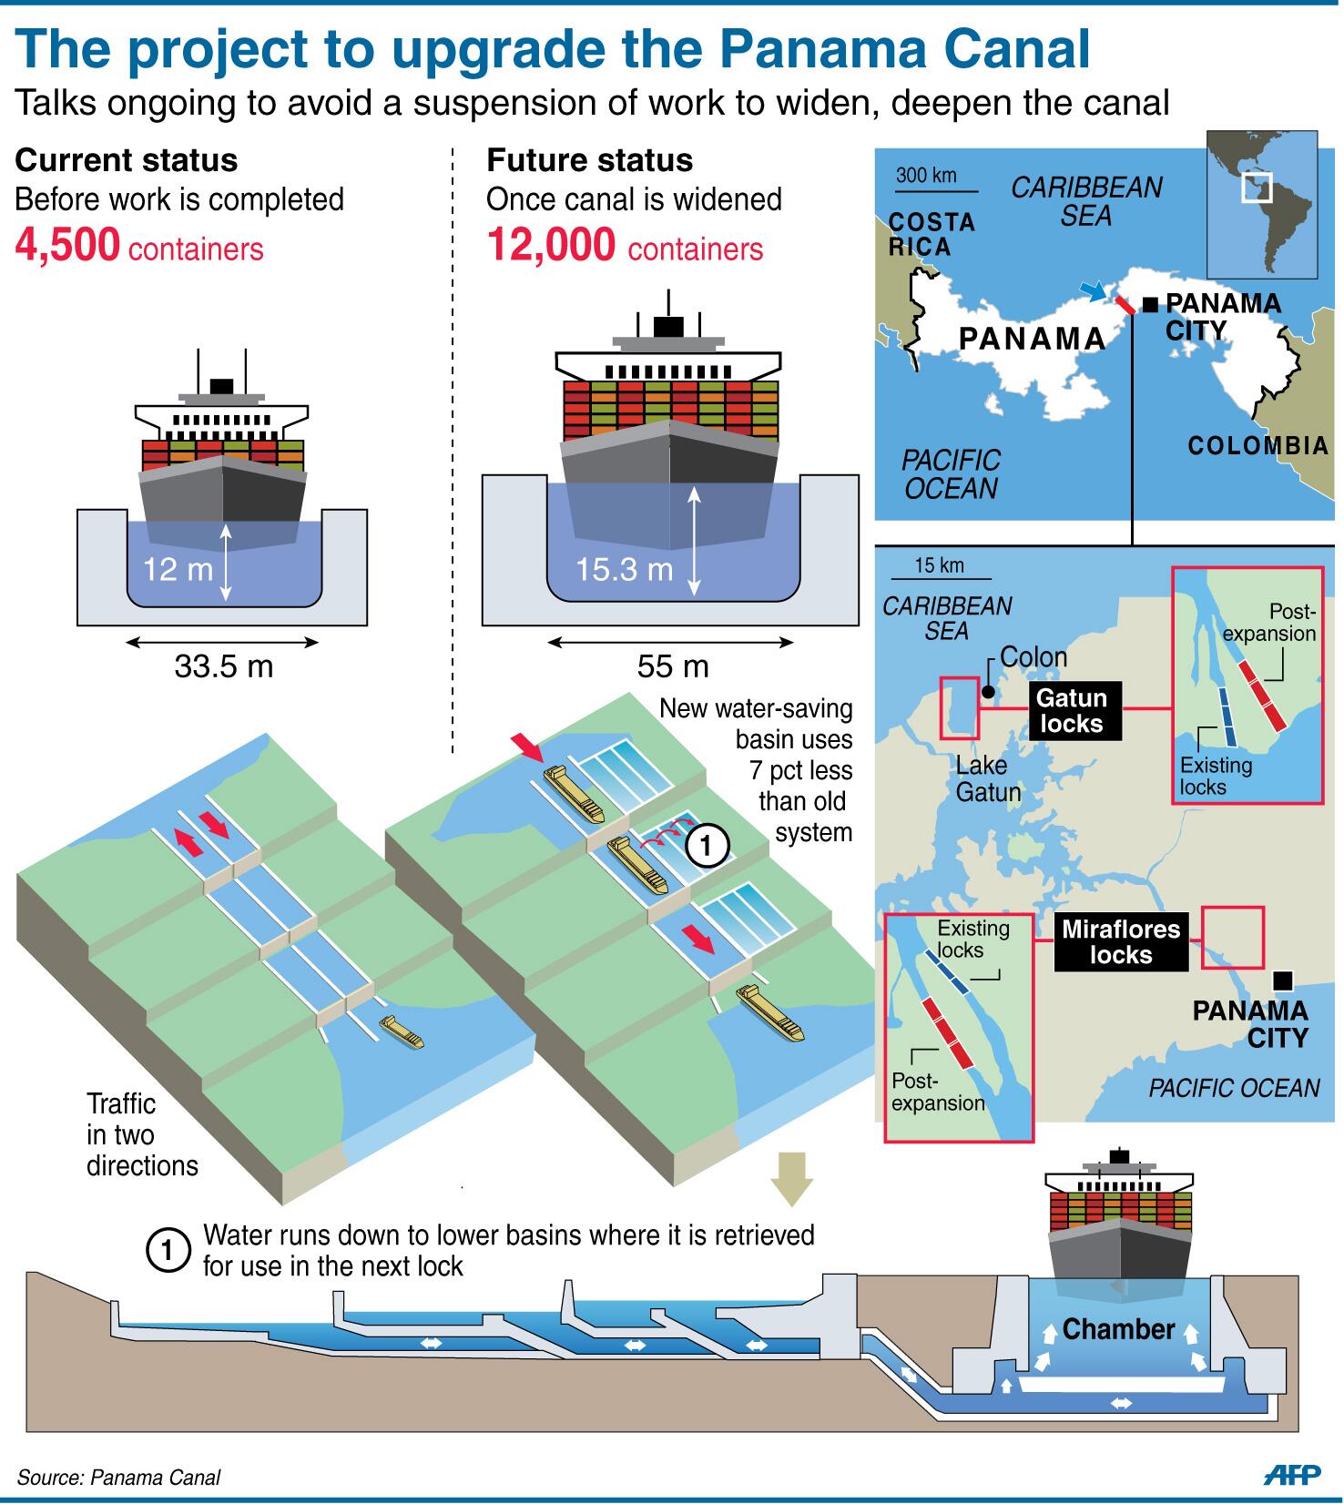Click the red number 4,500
pos(67,246)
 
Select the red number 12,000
pos(550,246)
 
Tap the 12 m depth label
pos(178,570)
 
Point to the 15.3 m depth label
pos(624,570)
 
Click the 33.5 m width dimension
pos(223,666)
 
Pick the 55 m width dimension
pos(672,666)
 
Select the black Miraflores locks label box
pos(1121,941)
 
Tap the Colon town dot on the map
pos(988,693)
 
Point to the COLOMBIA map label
pos(1257,446)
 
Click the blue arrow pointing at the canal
pos(1091,290)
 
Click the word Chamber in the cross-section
pos(1118,1329)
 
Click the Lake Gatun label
pos(988,779)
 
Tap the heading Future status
pos(589,160)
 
